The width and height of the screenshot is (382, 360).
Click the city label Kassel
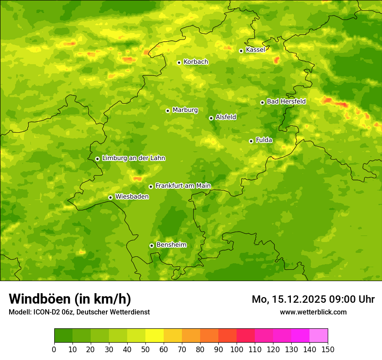point(255,50)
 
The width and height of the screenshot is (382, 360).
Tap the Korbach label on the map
point(196,62)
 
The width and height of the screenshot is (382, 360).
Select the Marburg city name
point(185,110)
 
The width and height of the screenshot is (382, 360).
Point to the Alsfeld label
point(226,117)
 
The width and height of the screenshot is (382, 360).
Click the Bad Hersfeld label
point(286,101)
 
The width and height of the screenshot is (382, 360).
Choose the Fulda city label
point(264,140)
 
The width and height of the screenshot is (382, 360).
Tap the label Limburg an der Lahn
point(134,158)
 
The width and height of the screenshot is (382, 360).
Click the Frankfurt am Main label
point(183,186)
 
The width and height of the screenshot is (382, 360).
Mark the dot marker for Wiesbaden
point(111,197)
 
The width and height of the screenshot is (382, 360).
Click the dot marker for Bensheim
point(151,245)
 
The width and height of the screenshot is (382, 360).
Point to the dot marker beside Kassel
point(241,51)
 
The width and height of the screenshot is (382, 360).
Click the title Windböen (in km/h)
point(70,299)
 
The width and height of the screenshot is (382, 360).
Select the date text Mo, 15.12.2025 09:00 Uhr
point(313,299)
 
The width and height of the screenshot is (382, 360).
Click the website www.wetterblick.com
point(313,312)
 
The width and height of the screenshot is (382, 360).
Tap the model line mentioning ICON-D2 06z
point(79,312)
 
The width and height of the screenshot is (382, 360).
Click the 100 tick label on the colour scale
point(237,349)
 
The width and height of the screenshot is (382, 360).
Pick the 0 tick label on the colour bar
point(54,349)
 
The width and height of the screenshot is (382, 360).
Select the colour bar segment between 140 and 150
point(319,335)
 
